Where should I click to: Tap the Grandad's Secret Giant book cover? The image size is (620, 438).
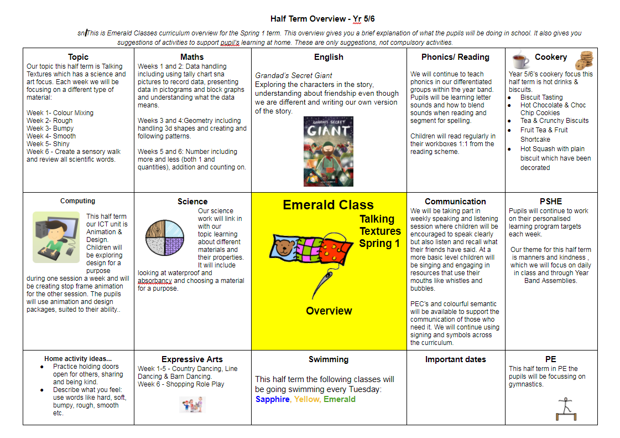pos(329,151)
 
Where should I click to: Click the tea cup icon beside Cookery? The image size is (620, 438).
pos(520,59)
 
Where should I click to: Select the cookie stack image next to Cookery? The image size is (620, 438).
pos(584,60)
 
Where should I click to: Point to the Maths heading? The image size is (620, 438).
pos(192,57)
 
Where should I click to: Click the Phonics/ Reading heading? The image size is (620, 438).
pos(455,57)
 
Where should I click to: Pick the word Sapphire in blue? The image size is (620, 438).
pos(272,399)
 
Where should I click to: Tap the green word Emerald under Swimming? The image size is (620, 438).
pos(340,399)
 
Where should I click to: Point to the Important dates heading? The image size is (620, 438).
pos(455,359)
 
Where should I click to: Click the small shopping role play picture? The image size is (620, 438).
pos(192,404)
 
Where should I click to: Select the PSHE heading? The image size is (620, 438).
pos(551,202)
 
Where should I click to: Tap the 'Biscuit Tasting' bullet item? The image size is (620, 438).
pos(541,97)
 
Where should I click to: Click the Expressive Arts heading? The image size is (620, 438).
pos(192,359)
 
